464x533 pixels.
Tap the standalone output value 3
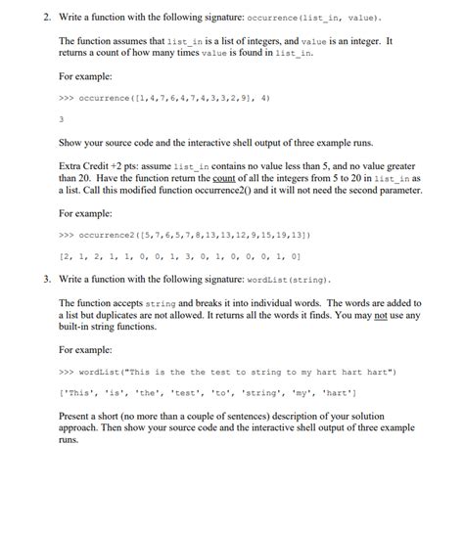click(62, 120)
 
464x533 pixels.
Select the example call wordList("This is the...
click(225, 372)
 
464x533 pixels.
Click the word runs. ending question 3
click(69, 440)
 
